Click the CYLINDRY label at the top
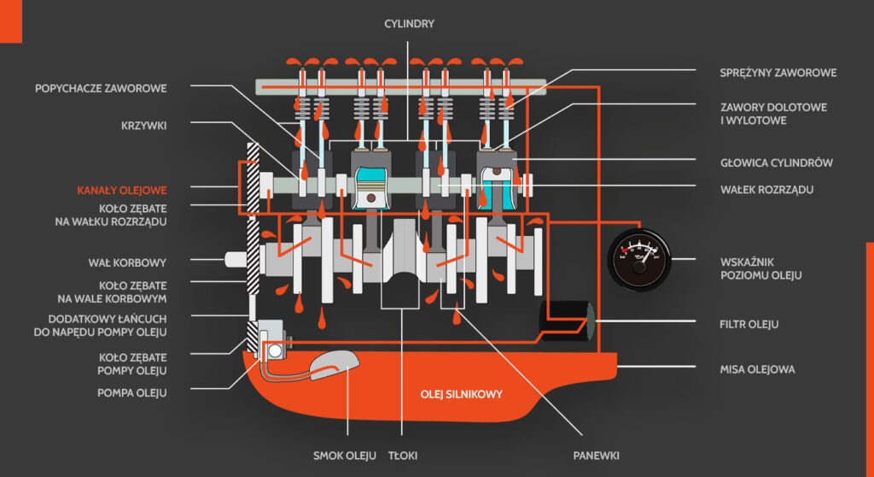click(x=409, y=24)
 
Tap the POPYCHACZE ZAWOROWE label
click(x=101, y=88)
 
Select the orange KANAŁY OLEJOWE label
click(x=121, y=191)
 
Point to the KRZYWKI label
click(x=143, y=126)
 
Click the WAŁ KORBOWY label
click(x=127, y=262)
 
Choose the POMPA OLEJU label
click(x=132, y=393)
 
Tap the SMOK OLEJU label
click(x=345, y=456)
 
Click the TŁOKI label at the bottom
click(x=403, y=456)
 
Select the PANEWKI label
click(x=597, y=456)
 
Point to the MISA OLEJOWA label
click(x=758, y=370)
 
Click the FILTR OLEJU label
click(x=749, y=325)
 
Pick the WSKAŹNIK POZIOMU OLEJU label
click(x=760, y=268)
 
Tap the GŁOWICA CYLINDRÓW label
click(x=777, y=163)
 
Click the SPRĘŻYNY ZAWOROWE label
click(x=778, y=73)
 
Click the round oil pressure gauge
click(x=639, y=260)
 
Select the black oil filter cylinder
click(x=567, y=321)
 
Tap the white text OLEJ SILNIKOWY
click(x=462, y=394)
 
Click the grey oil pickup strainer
click(x=333, y=365)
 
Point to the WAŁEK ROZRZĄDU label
click(x=766, y=190)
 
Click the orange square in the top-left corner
click(x=11, y=21)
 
